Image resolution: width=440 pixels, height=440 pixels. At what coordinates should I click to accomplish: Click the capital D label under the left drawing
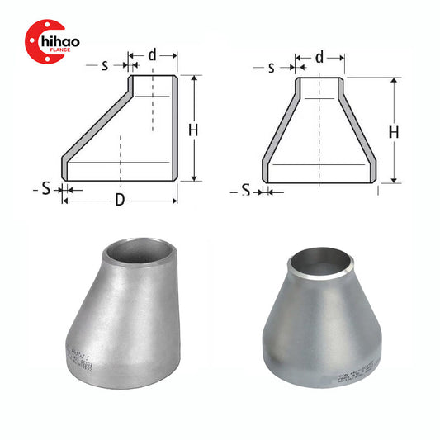coord(121,201)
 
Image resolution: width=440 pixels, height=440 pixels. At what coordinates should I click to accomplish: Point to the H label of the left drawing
coord(192,130)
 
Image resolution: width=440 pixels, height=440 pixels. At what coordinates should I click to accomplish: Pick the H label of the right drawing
coord(394,132)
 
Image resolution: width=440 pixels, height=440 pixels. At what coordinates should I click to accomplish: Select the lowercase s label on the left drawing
coord(105,64)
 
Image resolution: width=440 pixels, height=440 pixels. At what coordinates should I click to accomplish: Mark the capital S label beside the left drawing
coord(46,189)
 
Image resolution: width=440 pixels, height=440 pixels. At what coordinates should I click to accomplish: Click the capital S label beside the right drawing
coord(246,192)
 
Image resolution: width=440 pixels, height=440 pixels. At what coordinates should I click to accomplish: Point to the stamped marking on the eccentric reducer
coord(78,357)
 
